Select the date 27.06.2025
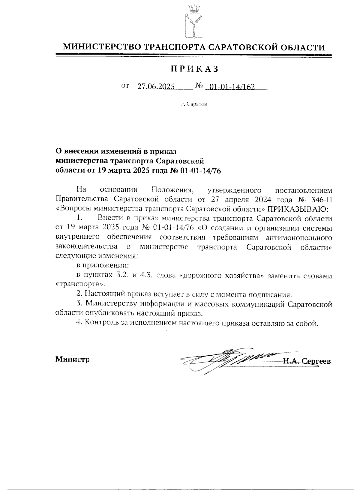point(156,87)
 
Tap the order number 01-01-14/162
point(232,87)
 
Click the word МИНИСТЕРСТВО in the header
point(102,47)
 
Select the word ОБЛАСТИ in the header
point(303,47)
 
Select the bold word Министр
point(72,359)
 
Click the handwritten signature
point(228,359)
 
